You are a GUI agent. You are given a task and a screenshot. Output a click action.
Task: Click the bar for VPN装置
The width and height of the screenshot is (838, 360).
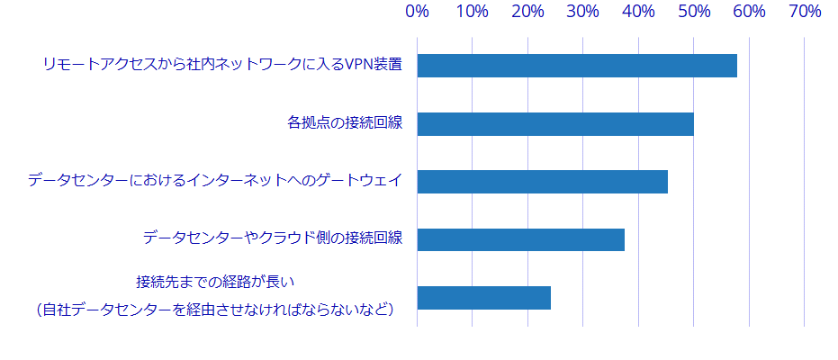(577, 66)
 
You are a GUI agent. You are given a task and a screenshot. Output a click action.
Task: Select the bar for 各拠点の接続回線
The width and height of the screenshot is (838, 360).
(555, 124)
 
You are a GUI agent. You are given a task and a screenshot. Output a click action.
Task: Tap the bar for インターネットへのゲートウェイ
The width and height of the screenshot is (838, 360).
(542, 182)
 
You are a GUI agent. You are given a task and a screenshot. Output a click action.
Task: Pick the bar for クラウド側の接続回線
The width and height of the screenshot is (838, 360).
(520, 239)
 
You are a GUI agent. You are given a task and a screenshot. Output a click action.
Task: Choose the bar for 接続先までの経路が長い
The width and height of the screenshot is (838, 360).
(484, 298)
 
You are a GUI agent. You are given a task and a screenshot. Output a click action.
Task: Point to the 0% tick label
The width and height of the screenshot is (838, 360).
(417, 12)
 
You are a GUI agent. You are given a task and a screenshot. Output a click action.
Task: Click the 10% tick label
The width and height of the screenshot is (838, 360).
(473, 12)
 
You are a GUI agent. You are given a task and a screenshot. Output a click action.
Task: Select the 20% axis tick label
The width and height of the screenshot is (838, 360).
(528, 12)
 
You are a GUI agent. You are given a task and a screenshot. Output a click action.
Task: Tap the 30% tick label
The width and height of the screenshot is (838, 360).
(583, 12)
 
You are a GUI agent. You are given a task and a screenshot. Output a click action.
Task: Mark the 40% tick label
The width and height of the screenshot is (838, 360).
(639, 12)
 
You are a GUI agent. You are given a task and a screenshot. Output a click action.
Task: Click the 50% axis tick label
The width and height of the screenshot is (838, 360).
(694, 12)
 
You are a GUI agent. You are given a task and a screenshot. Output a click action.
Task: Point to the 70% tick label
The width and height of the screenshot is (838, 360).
(805, 12)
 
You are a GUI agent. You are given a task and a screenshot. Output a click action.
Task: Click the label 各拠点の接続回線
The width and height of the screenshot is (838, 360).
(344, 123)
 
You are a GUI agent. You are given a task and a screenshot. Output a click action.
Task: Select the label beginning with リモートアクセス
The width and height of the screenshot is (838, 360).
(221, 65)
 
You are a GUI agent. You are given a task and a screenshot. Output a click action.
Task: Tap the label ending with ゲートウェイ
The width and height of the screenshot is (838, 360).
(214, 181)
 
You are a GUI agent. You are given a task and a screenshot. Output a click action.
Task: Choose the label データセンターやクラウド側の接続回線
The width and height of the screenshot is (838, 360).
(272, 238)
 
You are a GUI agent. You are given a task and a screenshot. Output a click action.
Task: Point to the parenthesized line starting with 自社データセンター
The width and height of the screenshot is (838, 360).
(215, 310)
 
